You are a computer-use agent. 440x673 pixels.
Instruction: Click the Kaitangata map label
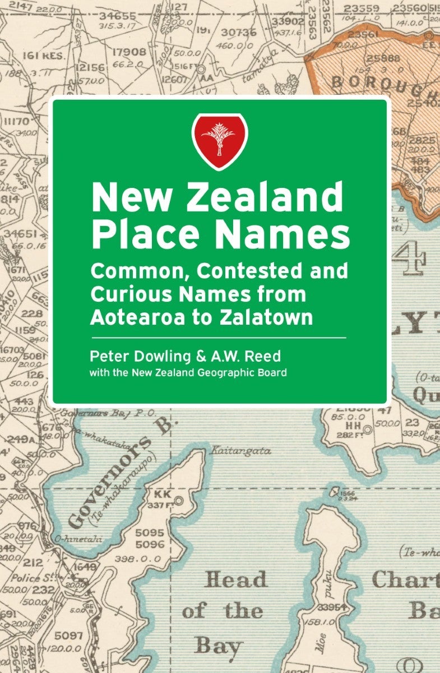240,450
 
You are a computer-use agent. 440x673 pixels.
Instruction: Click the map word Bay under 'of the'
218,646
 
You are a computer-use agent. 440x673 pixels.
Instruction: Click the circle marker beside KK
179,500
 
